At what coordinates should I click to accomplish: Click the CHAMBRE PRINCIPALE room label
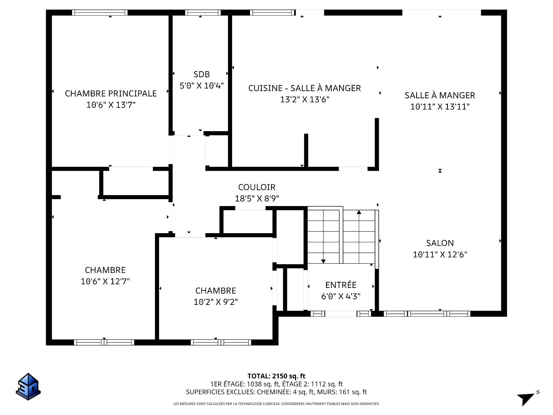coord(111,93)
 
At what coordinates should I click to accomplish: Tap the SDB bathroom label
coord(202,74)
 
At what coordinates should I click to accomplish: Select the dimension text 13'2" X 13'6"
coord(305,99)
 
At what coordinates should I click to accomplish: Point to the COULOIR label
coord(257,187)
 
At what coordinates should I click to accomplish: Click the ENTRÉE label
coord(341,285)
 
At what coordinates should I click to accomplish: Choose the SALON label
coord(440,243)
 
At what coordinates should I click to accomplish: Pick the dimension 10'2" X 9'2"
coord(216,302)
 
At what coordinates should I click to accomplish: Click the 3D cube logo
coord(28,386)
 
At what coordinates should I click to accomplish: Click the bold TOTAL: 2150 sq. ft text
coord(276,376)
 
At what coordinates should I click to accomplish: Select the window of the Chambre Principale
coord(100,12)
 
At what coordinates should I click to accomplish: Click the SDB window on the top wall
coord(203,12)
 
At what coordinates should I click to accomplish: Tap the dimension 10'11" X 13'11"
coord(440,107)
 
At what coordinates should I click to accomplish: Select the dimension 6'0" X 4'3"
coord(341,296)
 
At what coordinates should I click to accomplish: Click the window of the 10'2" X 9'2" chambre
coord(221,342)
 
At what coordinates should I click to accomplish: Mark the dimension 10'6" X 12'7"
coord(105,281)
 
